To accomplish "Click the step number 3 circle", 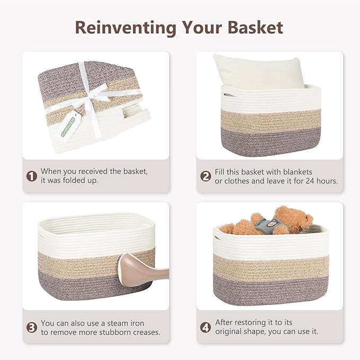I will pos(31,327).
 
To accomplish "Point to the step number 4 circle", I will pos(206,327).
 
